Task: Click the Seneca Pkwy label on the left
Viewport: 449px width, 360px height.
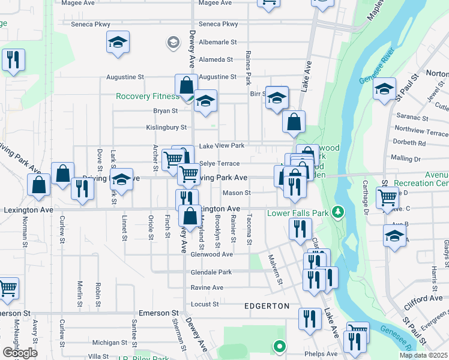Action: (91, 24)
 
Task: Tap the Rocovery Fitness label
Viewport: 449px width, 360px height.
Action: (148, 96)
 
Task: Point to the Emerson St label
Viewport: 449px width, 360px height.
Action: (159, 313)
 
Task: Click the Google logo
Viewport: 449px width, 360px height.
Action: (20, 353)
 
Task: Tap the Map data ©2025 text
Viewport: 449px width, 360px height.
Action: (424, 355)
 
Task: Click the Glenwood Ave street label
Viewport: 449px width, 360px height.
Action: (211, 254)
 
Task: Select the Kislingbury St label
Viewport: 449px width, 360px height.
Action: (167, 127)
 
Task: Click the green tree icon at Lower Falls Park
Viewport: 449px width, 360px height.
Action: (338, 212)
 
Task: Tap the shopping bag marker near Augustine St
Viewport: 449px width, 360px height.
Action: (186, 86)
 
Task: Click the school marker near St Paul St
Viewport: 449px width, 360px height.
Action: (385, 90)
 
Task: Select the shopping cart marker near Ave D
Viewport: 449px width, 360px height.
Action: (387, 197)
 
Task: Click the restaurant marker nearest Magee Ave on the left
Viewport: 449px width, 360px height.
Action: (12, 59)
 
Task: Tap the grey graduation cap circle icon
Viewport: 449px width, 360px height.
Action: (173, 42)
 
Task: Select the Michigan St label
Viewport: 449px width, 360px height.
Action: (106, 342)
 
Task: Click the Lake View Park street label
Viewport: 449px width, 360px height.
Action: (221, 146)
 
